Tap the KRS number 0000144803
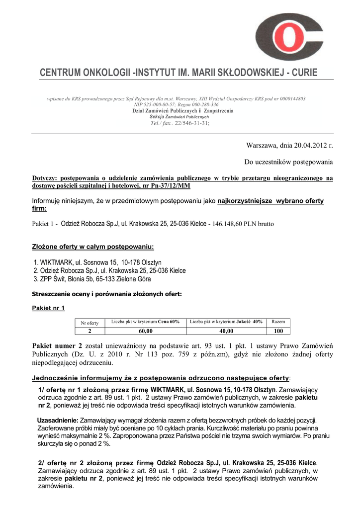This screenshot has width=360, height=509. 288,99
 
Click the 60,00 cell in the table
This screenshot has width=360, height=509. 145,331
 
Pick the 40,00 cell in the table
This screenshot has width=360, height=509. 226,331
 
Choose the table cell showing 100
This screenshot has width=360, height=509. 278,331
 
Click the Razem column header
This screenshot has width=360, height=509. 278,322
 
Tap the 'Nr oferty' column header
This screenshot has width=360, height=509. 90,323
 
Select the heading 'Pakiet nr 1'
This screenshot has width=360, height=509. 48,308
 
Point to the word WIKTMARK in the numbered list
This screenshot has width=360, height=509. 57,262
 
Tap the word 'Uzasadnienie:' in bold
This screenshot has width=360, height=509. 58,420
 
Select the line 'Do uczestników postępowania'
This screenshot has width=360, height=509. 288,162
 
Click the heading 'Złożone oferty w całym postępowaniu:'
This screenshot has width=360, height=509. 93,247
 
